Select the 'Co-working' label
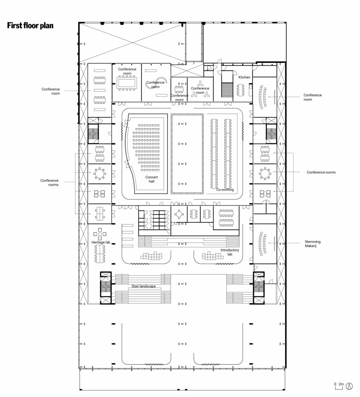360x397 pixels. point(225,189)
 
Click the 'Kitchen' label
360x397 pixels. point(244,77)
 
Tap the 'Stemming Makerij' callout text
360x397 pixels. point(313,244)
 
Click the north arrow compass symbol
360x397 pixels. point(349,387)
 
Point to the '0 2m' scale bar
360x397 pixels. point(338,386)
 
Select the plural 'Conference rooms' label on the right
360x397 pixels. point(321,172)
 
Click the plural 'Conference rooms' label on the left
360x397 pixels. point(49,183)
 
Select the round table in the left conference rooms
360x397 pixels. point(99,174)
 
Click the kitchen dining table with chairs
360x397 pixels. point(240,90)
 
